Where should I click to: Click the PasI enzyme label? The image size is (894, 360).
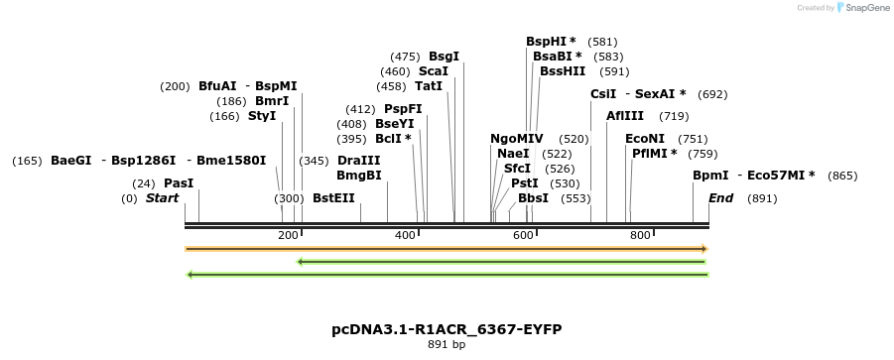coord(179,183)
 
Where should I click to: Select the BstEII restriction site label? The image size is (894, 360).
coord(333,198)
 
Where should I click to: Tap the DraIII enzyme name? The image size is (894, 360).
coord(358,161)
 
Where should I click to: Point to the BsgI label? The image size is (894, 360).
coord(444,57)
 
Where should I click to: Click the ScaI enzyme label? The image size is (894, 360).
coord(433,71)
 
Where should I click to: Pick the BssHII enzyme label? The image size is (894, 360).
coord(563,71)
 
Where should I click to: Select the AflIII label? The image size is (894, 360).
coord(625,116)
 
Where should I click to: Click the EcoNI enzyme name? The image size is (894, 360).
coord(645,139)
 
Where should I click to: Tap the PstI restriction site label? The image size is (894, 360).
coord(524,183)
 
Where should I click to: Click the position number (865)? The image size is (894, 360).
coord(841,176)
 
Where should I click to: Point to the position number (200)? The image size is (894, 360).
coord(175,86)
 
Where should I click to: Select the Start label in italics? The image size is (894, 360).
coord(162,198)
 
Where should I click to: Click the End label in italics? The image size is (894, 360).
coord(720,198)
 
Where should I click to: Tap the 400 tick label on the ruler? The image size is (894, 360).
coord(405,235)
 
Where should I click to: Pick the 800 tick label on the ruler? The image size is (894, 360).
coord(640,235)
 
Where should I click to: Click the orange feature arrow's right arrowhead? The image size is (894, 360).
coord(703,248)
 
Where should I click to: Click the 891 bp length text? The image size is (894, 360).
coord(447,344)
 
